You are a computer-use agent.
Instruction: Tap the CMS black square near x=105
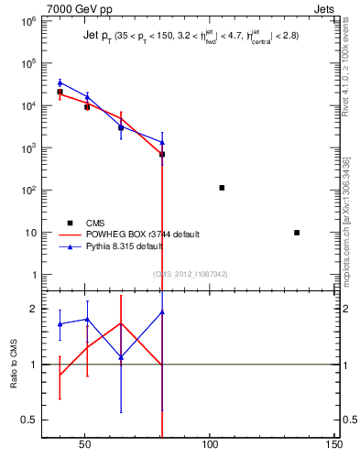222,188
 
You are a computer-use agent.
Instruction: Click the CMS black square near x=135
297,233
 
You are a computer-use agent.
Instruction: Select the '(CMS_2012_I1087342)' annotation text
191,274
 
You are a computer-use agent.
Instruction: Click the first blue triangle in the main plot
60,82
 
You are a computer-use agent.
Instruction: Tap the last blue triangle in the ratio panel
162,312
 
